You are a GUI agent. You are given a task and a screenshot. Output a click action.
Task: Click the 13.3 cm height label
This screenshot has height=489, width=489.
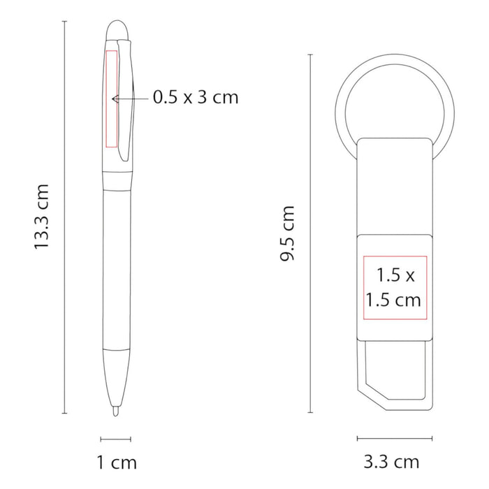(41, 217)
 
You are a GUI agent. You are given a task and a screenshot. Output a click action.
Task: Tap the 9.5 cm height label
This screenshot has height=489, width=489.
(287, 233)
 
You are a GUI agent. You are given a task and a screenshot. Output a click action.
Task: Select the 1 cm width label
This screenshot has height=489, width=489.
(117, 462)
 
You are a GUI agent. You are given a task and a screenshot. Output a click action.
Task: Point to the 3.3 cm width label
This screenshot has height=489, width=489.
(391, 462)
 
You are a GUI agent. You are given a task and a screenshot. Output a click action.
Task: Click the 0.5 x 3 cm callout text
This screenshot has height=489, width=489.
(196, 97)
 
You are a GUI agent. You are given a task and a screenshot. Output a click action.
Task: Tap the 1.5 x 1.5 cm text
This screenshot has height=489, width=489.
(393, 288)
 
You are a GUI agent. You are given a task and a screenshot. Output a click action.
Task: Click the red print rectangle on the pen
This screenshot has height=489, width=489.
(112, 98)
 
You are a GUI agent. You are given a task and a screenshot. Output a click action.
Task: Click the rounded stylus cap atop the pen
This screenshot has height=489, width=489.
(117, 31)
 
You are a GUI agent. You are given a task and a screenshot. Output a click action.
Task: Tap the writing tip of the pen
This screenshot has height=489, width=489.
(116, 411)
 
